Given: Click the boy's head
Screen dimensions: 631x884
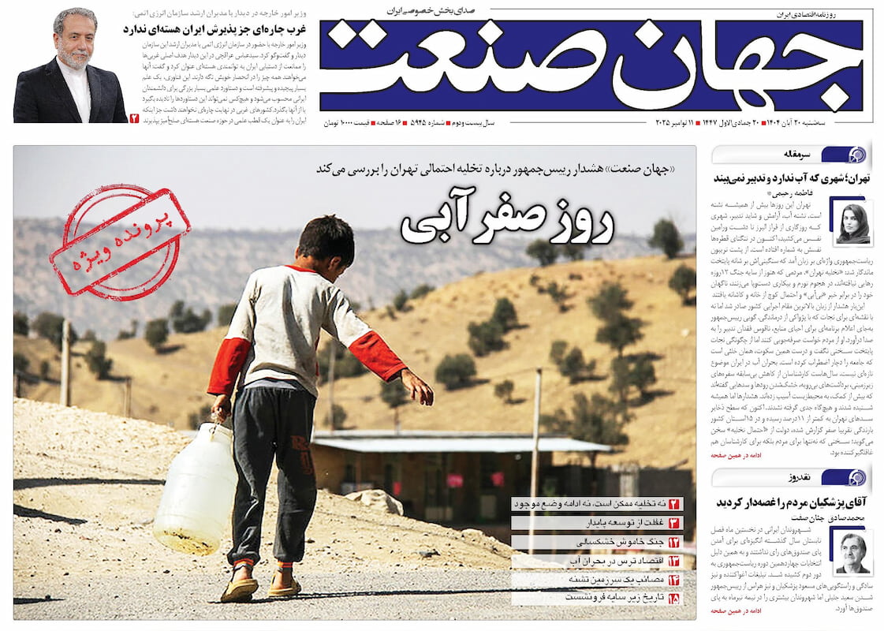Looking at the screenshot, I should pos(325,241).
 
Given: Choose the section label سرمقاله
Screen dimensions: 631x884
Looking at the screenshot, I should pos(792,154).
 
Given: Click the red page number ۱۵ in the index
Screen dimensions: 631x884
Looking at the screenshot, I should pos(674,599).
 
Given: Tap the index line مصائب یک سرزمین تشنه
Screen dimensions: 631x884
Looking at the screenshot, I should pos(599,580).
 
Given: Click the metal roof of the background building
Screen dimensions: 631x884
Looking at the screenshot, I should pos(465,443).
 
